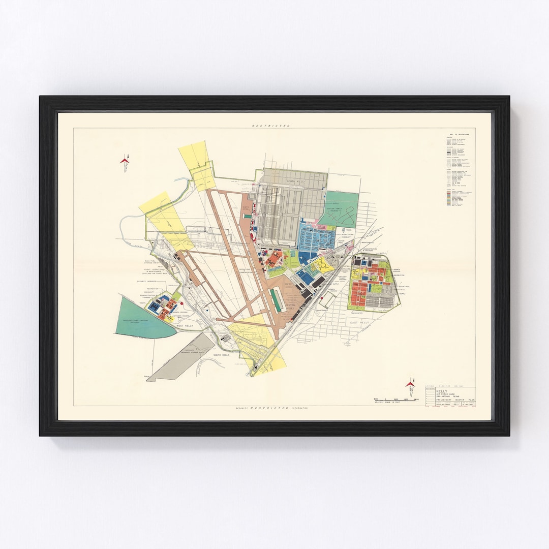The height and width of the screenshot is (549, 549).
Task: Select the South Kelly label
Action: pyautogui.click(x=221, y=355)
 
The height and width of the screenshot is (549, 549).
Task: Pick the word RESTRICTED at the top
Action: pyautogui.click(x=271, y=126)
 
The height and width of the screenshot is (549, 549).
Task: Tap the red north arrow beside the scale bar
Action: pyautogui.click(x=410, y=385)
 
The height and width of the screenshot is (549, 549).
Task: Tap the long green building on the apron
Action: pyautogui.click(x=277, y=300)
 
